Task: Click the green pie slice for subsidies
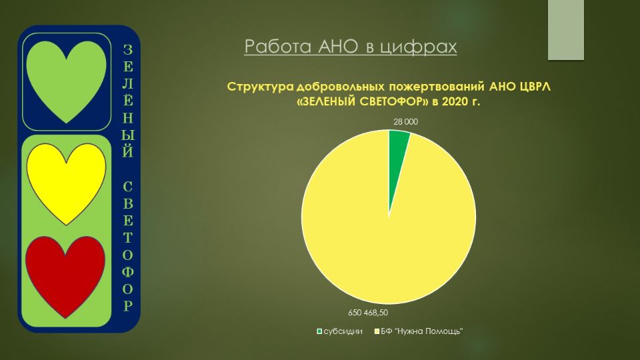click(x=397, y=155)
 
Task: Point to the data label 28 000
click(x=406, y=121)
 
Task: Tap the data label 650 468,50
click(x=368, y=313)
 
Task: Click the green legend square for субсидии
click(x=319, y=331)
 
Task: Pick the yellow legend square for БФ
click(x=377, y=331)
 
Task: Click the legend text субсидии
click(x=343, y=331)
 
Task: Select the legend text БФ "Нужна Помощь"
click(x=421, y=331)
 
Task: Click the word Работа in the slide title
click(x=278, y=46)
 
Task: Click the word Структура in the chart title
click(x=260, y=87)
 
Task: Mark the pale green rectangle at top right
click(x=566, y=30)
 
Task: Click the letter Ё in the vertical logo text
click(x=128, y=101)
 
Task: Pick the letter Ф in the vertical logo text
click(x=128, y=272)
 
